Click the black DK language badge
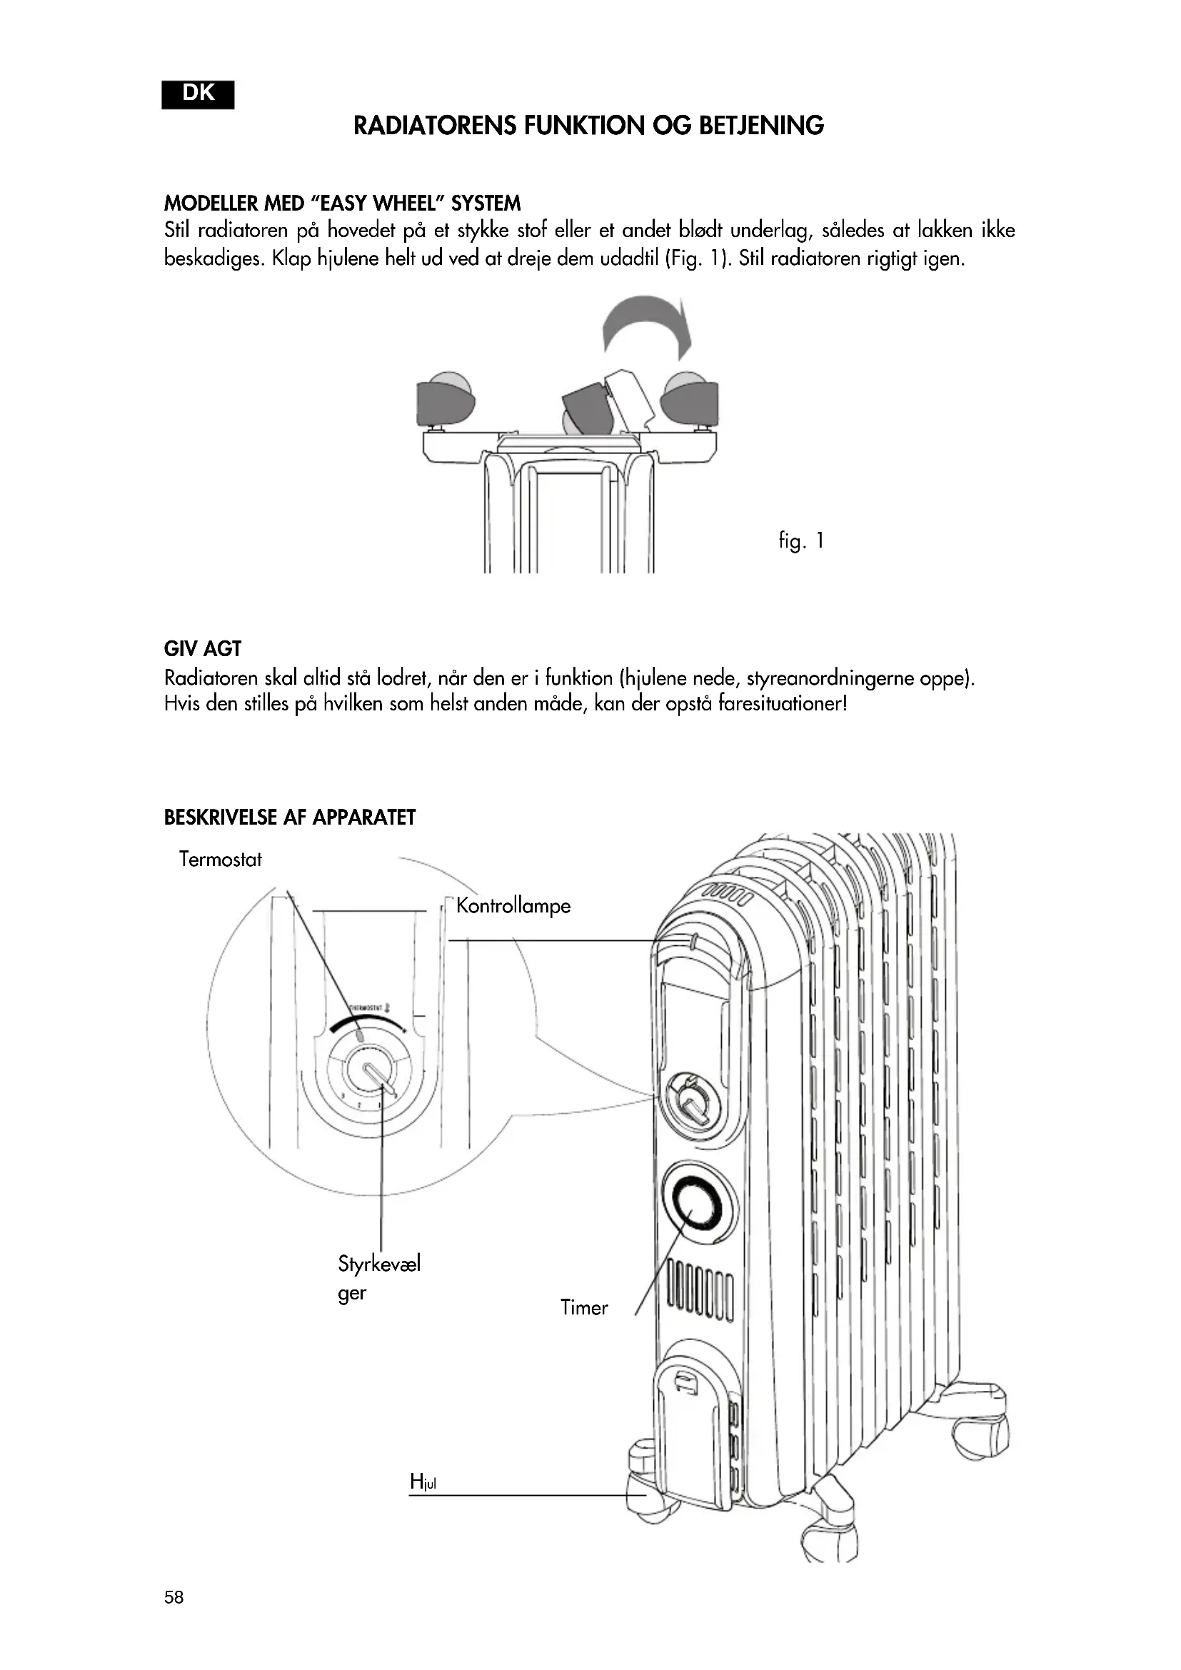pos(198,94)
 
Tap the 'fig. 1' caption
pos(800,541)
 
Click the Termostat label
pos(220,860)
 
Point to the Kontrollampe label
pos(513,906)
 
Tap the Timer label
pos(584,1308)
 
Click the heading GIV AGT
pos(203,649)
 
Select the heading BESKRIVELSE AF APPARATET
pos(289,818)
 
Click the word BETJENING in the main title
pos(761,126)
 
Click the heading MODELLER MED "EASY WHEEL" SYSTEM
pos(343,203)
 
